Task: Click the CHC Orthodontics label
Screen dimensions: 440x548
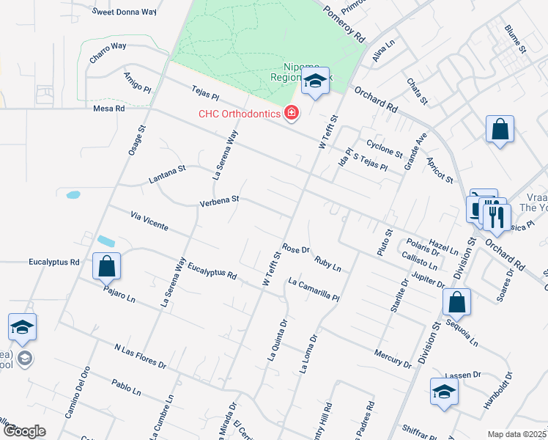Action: point(240,114)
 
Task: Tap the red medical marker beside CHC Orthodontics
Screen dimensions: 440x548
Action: point(292,113)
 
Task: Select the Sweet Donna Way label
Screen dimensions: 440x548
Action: point(125,12)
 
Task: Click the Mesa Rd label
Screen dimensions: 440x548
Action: point(109,108)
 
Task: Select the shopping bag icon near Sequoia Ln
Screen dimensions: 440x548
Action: point(456,301)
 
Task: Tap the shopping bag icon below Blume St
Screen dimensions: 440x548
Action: point(499,130)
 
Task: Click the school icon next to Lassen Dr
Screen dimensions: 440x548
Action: point(444,391)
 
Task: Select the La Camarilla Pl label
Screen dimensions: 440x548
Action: point(314,290)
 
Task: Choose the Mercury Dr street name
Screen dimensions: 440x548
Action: point(393,358)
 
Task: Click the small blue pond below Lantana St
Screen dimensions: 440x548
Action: point(73,195)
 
